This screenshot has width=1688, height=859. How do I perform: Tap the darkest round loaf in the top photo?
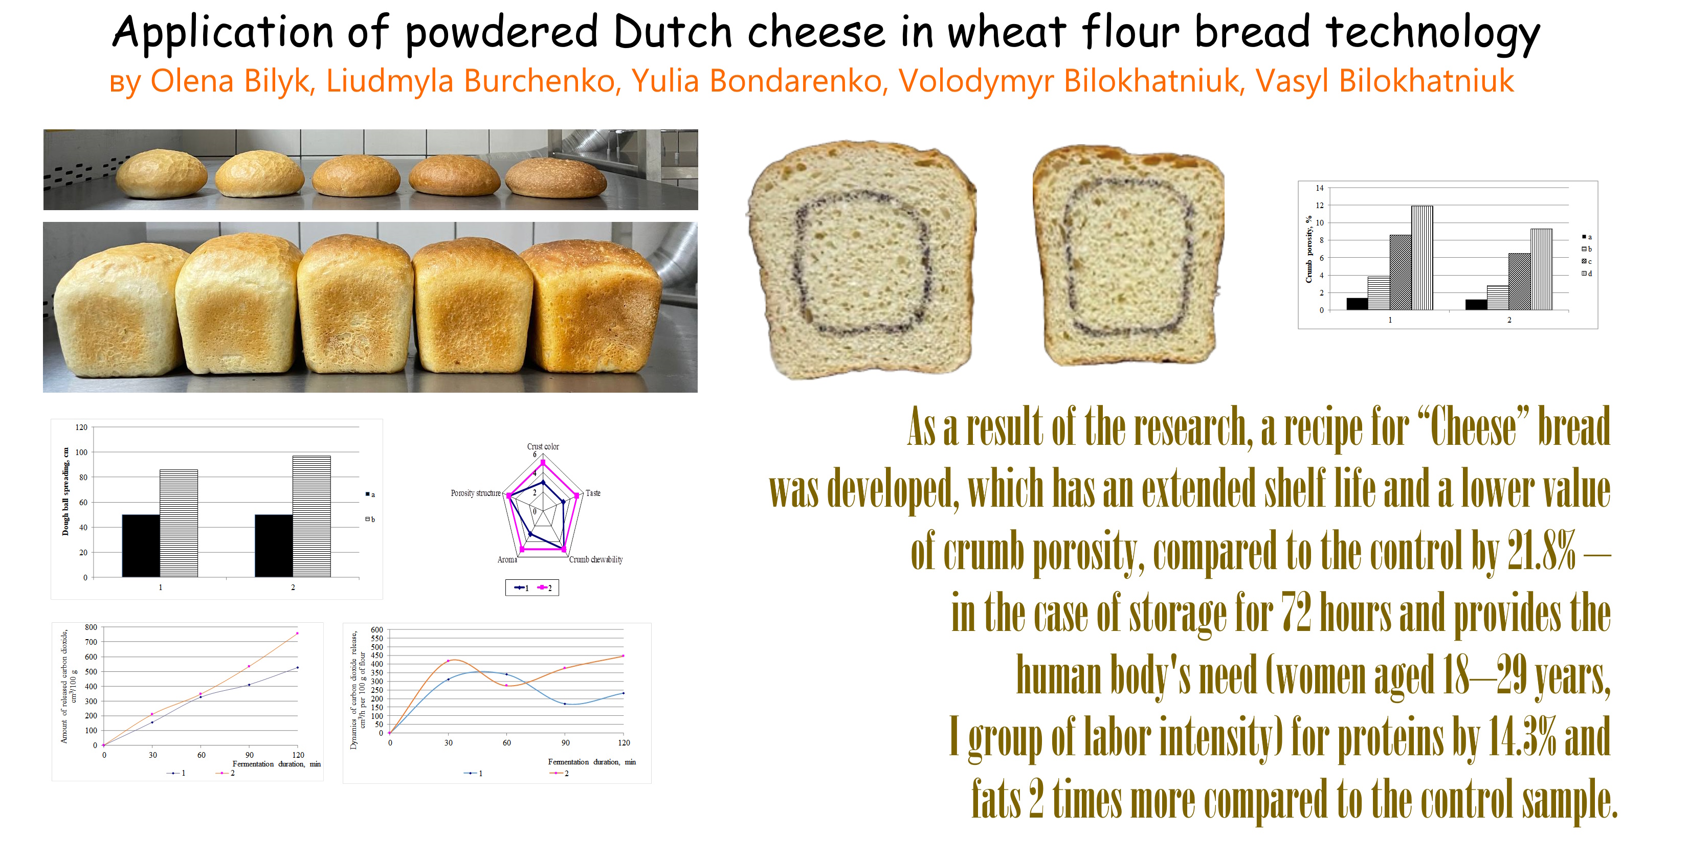pyautogui.click(x=556, y=177)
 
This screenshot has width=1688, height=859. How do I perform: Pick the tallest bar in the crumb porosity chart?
pyautogui.click(x=1422, y=258)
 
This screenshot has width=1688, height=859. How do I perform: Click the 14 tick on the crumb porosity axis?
pyautogui.click(x=1320, y=188)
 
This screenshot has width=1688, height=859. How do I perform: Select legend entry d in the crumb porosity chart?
pyautogui.click(x=1586, y=274)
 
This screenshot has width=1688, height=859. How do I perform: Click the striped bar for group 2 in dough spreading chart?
pyautogui.click(x=312, y=516)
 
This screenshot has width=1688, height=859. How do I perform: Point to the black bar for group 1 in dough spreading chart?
pyautogui.click(x=141, y=545)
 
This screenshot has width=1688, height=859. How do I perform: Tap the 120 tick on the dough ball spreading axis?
pyautogui.click(x=81, y=427)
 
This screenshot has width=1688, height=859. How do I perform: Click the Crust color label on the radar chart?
pyautogui.click(x=543, y=446)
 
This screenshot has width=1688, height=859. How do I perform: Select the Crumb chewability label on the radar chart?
pyautogui.click(x=595, y=559)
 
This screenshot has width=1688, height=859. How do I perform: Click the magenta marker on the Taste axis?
pyautogui.click(x=576, y=496)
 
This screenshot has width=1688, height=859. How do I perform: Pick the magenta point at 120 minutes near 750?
pyautogui.click(x=297, y=634)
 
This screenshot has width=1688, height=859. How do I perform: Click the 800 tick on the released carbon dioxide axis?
pyautogui.click(x=91, y=627)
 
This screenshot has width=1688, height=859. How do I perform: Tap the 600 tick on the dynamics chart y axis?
pyautogui.click(x=377, y=629)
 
